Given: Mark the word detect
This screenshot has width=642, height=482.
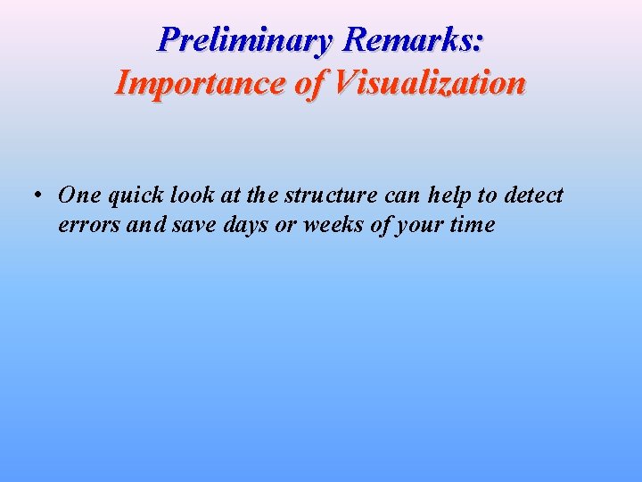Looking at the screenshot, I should pos(532,195).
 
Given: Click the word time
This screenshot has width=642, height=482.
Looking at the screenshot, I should pos(472,225).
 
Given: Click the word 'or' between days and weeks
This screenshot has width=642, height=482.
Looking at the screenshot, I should pos(285,225).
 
